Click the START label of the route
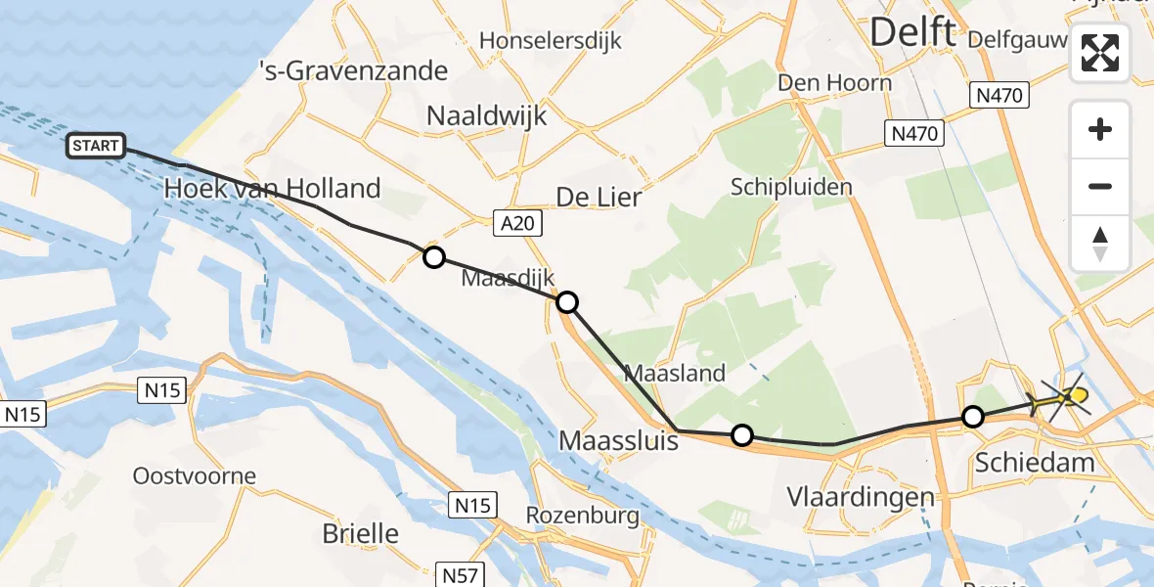(96, 147)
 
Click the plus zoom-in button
(1100, 129)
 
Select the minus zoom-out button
(1100, 186)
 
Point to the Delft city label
(911, 32)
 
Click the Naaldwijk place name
(486, 115)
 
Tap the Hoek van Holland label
(272, 188)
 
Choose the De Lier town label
(599, 197)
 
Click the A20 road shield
(517, 224)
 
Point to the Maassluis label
(618, 440)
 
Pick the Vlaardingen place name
(861, 497)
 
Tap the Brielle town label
(361, 533)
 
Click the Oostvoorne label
(195, 477)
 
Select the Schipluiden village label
(791, 186)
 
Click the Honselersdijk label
(551, 41)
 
